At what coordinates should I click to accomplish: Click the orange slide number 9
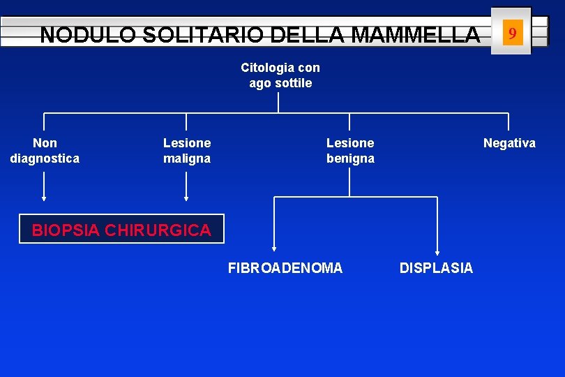pyautogui.click(x=513, y=33)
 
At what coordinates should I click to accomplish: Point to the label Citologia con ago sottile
pyautogui.click(x=280, y=75)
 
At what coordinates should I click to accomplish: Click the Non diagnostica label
pyautogui.click(x=45, y=151)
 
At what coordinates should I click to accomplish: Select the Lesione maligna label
pyautogui.click(x=187, y=151)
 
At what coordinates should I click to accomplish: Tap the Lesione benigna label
pyautogui.click(x=350, y=151)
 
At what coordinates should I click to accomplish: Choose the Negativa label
pyautogui.click(x=510, y=143)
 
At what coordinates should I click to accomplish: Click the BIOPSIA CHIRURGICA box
pyautogui.click(x=121, y=229)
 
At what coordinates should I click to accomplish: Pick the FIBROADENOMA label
pyautogui.click(x=285, y=268)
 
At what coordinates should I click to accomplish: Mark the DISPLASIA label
pyautogui.click(x=436, y=268)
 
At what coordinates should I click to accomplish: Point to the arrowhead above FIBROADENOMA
pyautogui.click(x=274, y=247)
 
